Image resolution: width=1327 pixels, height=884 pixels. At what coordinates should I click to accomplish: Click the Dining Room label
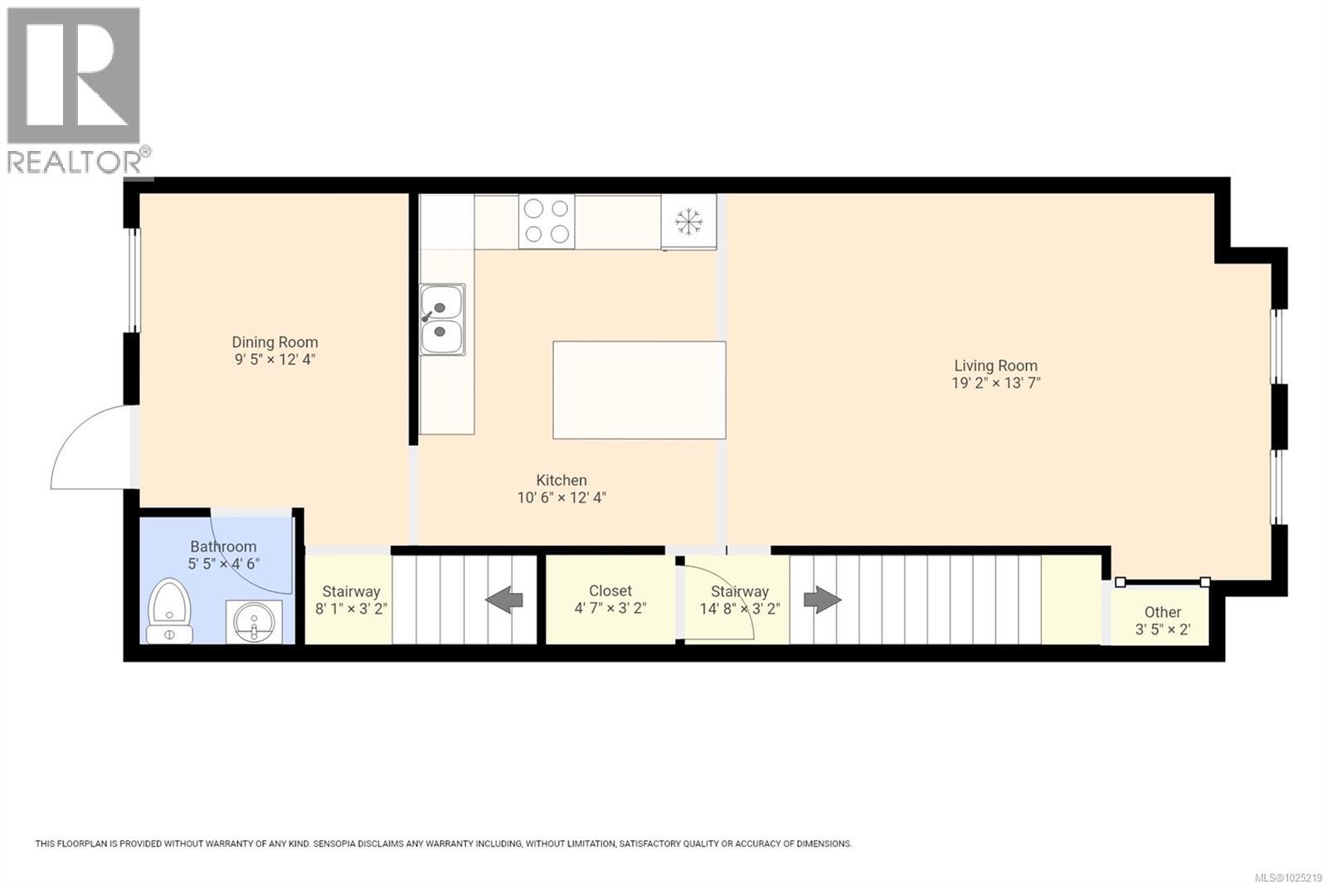[x=275, y=342]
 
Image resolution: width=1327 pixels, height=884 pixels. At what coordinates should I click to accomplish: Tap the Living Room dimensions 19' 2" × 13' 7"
[x=995, y=383]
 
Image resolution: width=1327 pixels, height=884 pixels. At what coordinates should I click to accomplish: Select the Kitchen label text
[x=561, y=480]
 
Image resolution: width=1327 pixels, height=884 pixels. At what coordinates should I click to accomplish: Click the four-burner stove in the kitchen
[x=547, y=221]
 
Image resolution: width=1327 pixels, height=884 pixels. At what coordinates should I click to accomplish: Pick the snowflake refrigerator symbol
[x=688, y=221]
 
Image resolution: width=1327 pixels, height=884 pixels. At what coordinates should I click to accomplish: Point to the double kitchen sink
[x=442, y=319]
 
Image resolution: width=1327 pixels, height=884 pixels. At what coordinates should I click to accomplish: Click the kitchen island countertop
[x=639, y=390]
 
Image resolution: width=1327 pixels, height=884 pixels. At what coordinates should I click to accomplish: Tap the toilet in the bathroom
[x=169, y=614]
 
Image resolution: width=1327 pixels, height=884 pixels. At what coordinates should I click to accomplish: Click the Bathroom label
[x=223, y=546]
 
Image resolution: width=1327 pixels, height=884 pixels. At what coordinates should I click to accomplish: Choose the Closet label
[x=610, y=590]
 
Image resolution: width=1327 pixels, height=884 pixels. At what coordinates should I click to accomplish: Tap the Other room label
[x=1163, y=612]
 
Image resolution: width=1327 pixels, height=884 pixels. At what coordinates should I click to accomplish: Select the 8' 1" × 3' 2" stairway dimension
[x=351, y=609]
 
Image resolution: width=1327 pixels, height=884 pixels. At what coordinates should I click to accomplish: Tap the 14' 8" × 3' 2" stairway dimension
[x=740, y=609]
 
